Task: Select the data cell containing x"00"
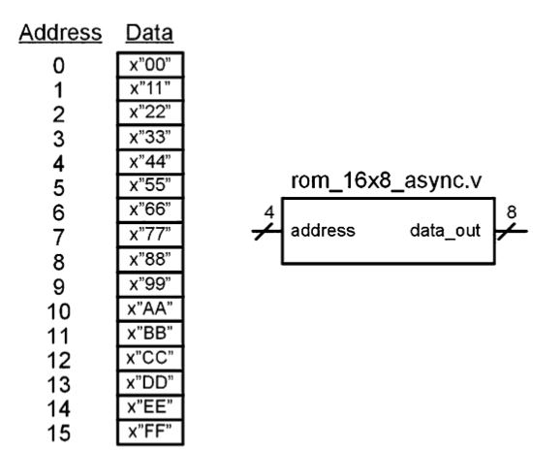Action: click(148, 66)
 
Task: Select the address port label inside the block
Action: click(318, 232)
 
